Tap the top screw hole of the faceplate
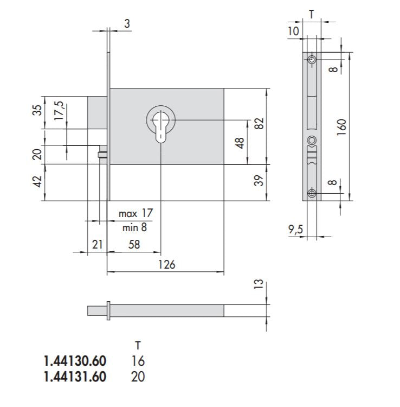pyautogui.click(x=312, y=59)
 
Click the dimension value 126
pyautogui.click(x=166, y=264)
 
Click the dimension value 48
pyautogui.click(x=240, y=143)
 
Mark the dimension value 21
pyautogui.click(x=97, y=245)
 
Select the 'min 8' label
pyautogui.click(x=133, y=227)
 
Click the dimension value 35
pyautogui.click(x=37, y=110)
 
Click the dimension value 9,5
pyautogui.click(x=296, y=230)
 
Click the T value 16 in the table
pyautogui.click(x=138, y=360)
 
